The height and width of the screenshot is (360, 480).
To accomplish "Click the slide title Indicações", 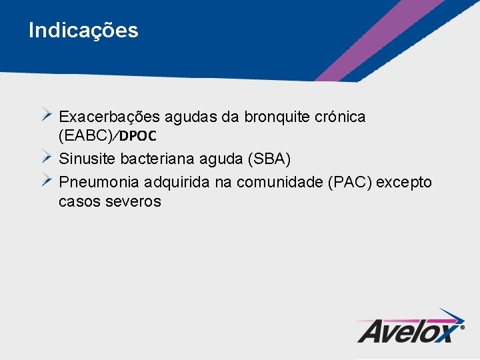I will pyautogui.click(x=83, y=31).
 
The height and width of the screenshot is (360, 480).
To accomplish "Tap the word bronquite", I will pyautogui.click(x=277, y=117).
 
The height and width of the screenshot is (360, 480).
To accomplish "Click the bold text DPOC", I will pyautogui.click(x=139, y=136).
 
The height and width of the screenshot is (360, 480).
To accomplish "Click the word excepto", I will pyautogui.click(x=404, y=182).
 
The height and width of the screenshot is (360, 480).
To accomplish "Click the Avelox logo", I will pyautogui.click(x=411, y=326).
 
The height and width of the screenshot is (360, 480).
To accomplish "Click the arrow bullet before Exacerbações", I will pyautogui.click(x=47, y=114).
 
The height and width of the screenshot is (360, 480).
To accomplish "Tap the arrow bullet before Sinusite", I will pyautogui.click(x=47, y=157).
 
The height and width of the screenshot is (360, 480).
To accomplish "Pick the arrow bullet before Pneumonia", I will pyautogui.click(x=47, y=179).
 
